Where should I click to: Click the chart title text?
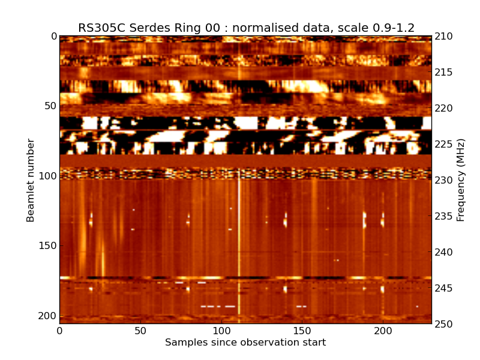tap(246, 28)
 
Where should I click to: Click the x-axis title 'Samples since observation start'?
tap(245, 343)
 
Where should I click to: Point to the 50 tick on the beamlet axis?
tap(49, 106)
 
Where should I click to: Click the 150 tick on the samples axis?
tap(302, 331)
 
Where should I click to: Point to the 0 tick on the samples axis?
tap(59, 331)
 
